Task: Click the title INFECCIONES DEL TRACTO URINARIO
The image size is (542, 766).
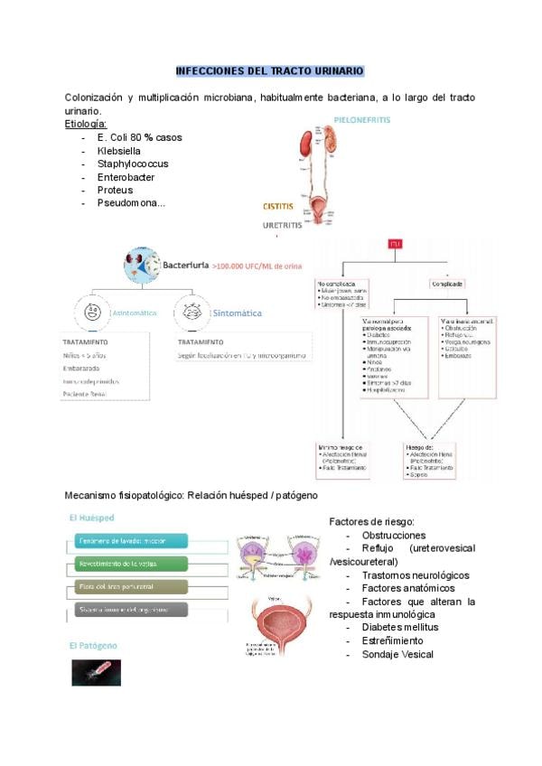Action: point(269,70)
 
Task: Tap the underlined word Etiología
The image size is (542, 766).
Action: point(86,124)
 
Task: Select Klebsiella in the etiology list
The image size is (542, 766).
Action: point(122,151)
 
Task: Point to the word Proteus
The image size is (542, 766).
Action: point(115,190)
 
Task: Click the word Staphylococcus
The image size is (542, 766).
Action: point(133,163)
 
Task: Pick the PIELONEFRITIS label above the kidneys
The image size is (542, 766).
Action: point(361,118)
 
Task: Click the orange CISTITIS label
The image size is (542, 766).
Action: point(277,206)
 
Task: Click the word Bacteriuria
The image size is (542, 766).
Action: point(186,266)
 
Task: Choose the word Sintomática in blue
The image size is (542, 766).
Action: point(238,313)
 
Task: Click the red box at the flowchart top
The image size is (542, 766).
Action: point(394,245)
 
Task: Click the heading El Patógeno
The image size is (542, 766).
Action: point(93,646)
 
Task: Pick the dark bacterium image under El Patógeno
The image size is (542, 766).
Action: point(96,672)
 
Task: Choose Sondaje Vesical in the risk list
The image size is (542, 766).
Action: point(397,654)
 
